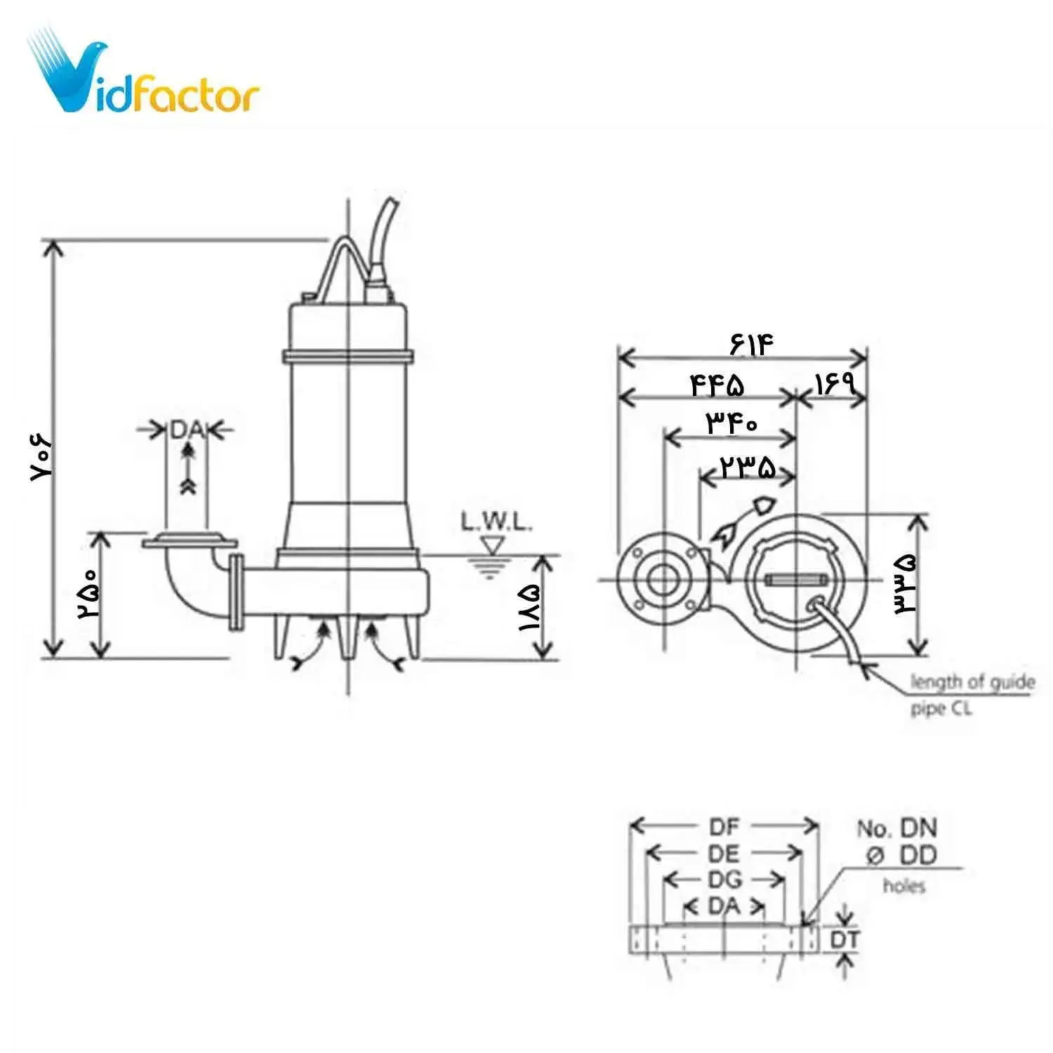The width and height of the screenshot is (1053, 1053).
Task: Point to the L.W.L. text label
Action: (496, 522)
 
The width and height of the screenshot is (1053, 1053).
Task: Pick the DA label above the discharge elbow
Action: (186, 430)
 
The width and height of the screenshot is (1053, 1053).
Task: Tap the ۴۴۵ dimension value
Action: (717, 385)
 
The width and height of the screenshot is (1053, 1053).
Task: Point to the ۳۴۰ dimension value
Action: (731, 423)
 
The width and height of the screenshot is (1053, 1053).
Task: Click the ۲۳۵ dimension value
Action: (748, 467)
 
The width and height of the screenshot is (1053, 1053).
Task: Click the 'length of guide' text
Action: (972, 682)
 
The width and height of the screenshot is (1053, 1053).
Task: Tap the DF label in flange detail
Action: (724, 826)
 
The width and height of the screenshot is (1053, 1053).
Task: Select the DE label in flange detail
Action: (724, 854)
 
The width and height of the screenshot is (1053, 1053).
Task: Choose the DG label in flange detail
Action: (724, 880)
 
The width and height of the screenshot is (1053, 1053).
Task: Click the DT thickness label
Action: (845, 940)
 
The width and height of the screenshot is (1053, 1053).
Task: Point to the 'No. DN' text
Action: (897, 828)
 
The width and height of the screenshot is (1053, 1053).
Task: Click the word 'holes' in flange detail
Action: (904, 886)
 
